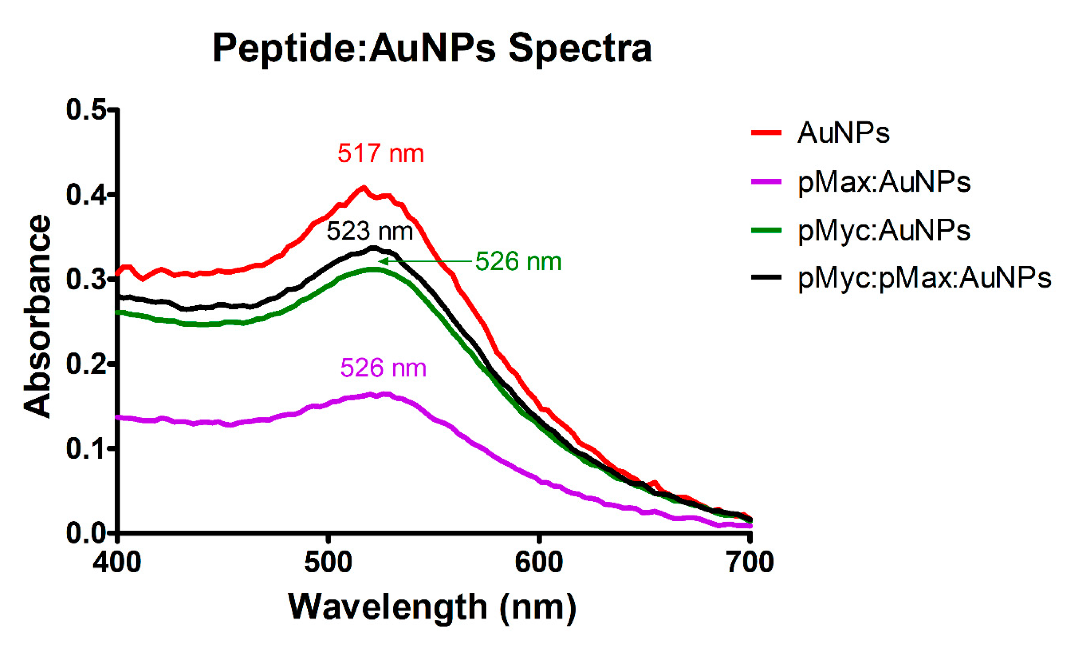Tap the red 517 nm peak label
click(x=381, y=153)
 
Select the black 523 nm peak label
click(x=370, y=231)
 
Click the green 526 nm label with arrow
click(x=518, y=261)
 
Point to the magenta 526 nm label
click(x=383, y=367)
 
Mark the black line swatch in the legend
click(x=766, y=277)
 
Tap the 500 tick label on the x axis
click(x=328, y=562)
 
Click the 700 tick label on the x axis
click(x=750, y=562)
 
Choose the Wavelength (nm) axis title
click(x=432, y=607)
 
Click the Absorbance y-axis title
click(x=37, y=316)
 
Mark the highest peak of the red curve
click(x=364, y=188)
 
